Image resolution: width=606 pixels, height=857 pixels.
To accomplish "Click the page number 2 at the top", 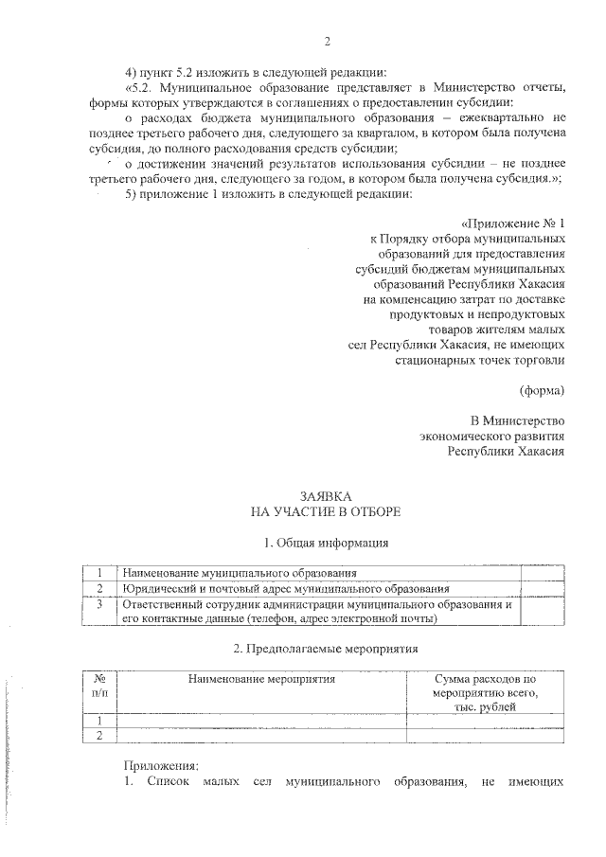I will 328,42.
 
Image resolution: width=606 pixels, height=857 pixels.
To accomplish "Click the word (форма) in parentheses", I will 543,390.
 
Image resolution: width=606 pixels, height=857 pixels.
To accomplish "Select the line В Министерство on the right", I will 518,420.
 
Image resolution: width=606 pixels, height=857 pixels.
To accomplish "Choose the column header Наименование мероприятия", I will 262,679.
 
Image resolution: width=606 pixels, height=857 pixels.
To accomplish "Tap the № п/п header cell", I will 99,686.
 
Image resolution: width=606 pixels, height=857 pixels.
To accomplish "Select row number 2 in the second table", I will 99,734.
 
